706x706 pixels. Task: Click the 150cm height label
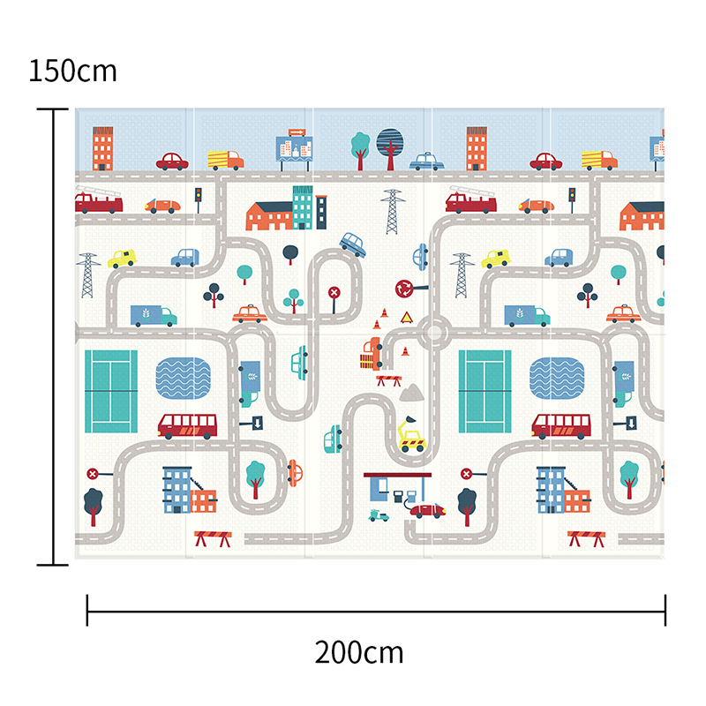72,71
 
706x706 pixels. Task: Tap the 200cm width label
359,652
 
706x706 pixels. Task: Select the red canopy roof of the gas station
397,475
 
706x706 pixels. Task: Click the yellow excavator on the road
410,434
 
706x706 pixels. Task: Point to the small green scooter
379,515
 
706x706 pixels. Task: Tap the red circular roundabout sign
403,289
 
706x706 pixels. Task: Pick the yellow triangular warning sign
407,318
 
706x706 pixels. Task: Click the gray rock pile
411,393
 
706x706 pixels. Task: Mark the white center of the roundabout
434,333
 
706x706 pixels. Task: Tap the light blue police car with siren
426,161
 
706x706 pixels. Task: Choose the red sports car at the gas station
427,511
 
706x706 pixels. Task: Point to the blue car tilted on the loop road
353,244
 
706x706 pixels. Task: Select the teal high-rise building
303,207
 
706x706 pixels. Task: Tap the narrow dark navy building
321,213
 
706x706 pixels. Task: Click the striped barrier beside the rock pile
389,380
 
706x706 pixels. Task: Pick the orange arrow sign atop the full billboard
297,132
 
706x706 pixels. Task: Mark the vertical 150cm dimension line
53,337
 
